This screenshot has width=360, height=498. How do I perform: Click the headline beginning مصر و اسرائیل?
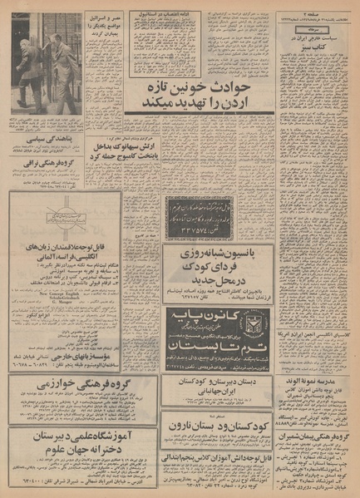104,21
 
